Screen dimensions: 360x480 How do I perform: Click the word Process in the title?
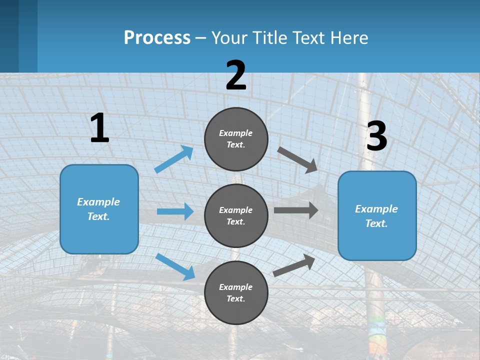[x=157, y=37]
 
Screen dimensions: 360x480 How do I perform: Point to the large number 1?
[x=99, y=128]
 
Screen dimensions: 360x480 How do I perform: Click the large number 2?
[x=236, y=75]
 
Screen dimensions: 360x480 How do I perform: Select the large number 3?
[x=376, y=136]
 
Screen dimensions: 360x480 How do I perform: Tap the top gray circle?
[x=236, y=139]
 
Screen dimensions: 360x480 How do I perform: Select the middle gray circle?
[x=236, y=215]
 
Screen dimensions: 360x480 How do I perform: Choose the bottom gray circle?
[x=236, y=292]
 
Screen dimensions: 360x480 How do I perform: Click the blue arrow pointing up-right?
[x=174, y=159]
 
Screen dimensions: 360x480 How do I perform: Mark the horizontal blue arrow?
[x=175, y=211]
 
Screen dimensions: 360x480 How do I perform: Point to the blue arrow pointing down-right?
[x=175, y=266]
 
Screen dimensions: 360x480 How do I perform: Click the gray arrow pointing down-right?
[x=298, y=160]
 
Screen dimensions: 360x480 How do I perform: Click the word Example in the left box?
[x=98, y=202]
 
